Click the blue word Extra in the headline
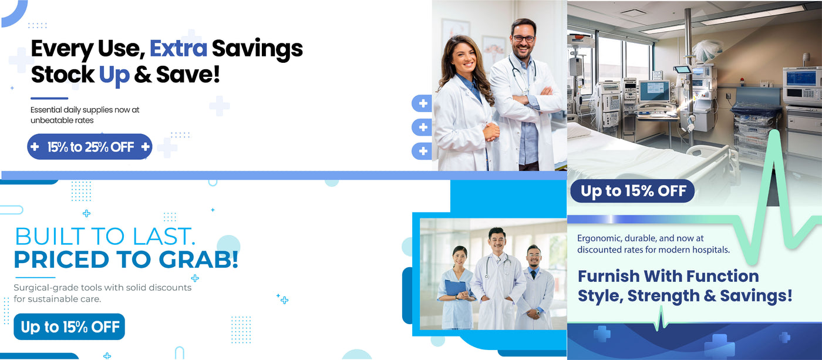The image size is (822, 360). click(x=178, y=48)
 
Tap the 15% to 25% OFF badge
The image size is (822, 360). click(x=89, y=147)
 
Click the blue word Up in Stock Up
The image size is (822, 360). click(x=114, y=75)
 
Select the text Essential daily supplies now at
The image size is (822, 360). click(x=85, y=110)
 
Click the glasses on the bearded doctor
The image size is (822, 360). click(x=524, y=38)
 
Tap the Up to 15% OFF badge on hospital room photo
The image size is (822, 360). click(x=633, y=191)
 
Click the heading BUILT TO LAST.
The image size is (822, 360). click(x=105, y=236)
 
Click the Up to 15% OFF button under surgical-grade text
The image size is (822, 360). click(x=69, y=327)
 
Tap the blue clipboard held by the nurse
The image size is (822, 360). click(x=455, y=287)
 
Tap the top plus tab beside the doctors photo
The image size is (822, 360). click(x=422, y=103)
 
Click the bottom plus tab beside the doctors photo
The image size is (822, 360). click(x=422, y=151)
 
